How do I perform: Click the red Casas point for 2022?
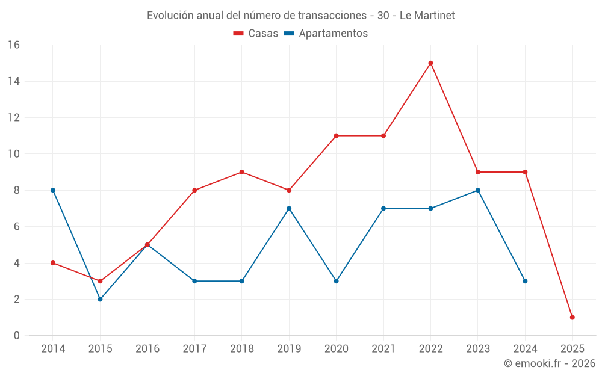tap(430, 63)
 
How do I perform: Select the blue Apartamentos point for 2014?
tap(53, 190)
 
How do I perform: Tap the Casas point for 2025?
tap(572, 317)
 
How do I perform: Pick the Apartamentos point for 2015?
tap(100, 299)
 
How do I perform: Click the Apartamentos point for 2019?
tap(289, 208)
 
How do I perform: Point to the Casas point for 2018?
tap(241, 172)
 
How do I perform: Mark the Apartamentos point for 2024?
tap(525, 281)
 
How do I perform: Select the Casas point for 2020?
tap(336, 136)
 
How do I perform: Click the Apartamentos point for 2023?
tap(478, 190)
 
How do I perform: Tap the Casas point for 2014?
tap(53, 263)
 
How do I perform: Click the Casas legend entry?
tap(256, 34)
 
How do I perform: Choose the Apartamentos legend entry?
tap(326, 34)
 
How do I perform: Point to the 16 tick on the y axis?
tap(14, 45)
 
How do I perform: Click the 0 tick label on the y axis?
tap(17, 336)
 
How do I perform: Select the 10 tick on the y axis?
tap(14, 154)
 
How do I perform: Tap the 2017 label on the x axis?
tap(194, 349)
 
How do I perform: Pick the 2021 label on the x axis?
tap(383, 349)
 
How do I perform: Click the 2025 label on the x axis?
tap(572, 349)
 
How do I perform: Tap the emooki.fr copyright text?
tap(550, 363)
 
